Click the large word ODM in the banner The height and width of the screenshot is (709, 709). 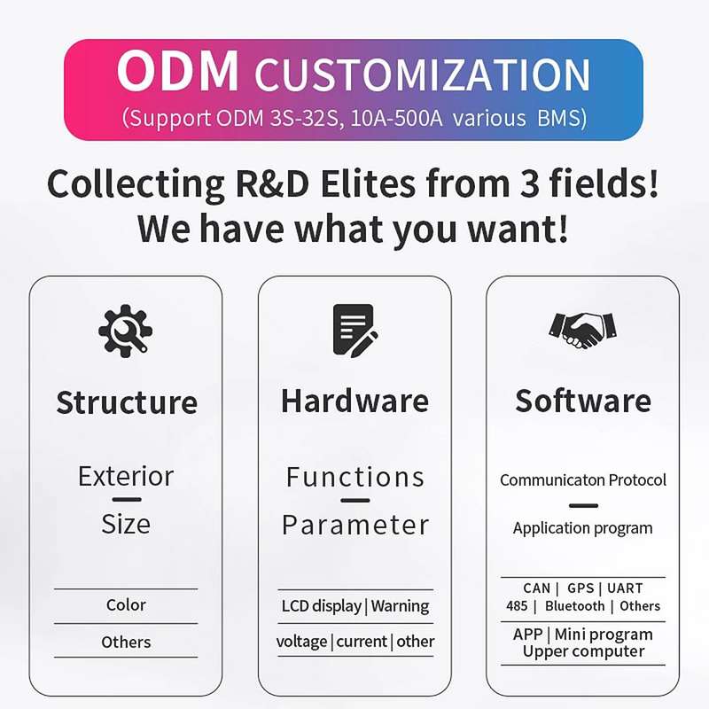(x=178, y=71)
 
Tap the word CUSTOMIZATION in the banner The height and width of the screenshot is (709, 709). (x=423, y=74)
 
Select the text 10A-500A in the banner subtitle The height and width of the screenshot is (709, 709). (x=396, y=118)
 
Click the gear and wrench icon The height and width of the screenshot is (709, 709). (x=125, y=331)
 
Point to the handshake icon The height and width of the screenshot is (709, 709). (x=583, y=331)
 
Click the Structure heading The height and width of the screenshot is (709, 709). (x=127, y=402)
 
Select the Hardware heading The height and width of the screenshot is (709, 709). (x=355, y=401)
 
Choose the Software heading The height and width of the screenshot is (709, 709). (x=583, y=401)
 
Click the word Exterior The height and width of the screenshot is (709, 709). (x=126, y=476)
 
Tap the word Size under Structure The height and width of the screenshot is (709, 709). (x=126, y=524)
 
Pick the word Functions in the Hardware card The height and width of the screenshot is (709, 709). (x=355, y=477)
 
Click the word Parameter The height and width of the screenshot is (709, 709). (x=355, y=525)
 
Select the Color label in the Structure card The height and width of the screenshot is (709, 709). (x=126, y=604)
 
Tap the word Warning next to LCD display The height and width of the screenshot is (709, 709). (x=400, y=606)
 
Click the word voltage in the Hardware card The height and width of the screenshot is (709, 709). (x=301, y=642)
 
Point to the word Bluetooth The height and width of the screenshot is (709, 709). (x=574, y=606)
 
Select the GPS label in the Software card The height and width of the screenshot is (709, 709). (x=580, y=588)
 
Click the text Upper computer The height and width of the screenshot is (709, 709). (x=583, y=651)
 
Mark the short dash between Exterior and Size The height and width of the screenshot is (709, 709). (x=127, y=500)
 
